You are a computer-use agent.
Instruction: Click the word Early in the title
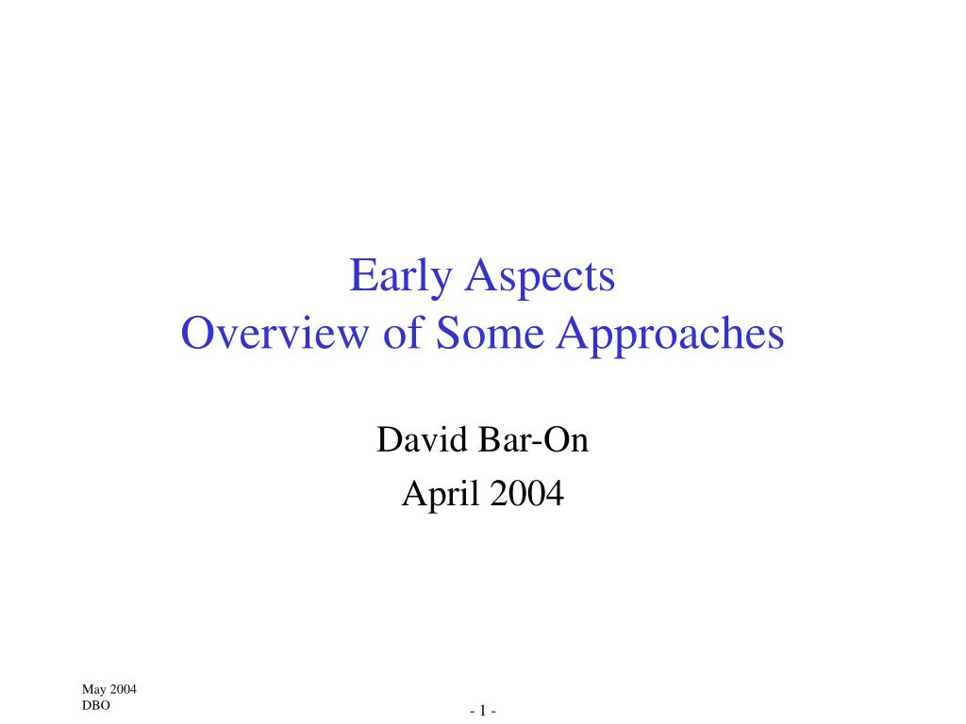[x=401, y=276]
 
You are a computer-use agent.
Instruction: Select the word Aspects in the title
[x=540, y=276]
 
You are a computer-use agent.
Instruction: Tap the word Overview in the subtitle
[x=275, y=333]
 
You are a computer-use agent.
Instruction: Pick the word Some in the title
[x=490, y=333]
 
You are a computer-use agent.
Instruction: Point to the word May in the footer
[x=93, y=690]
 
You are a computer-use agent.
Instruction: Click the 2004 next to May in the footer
[x=124, y=689]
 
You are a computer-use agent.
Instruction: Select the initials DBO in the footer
[x=96, y=705]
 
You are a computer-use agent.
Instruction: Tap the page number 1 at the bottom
[x=483, y=711]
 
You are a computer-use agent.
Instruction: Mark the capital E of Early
[x=362, y=275]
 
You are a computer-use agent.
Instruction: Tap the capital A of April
[x=414, y=492]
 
